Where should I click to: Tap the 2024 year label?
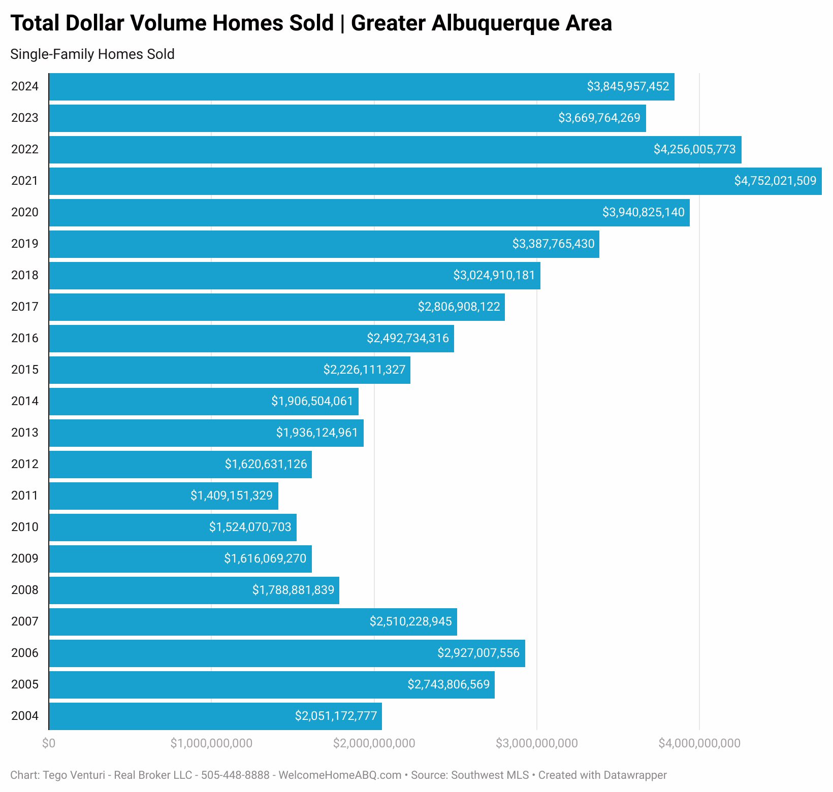[25, 86]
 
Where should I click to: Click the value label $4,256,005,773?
[694, 150]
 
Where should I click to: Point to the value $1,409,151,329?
[232, 496]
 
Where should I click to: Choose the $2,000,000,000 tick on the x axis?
[374, 743]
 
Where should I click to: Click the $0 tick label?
[49, 743]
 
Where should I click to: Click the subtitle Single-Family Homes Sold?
[92, 54]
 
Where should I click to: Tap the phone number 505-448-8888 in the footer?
[235, 775]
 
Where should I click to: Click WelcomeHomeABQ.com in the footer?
[340, 775]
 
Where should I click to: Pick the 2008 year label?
[25, 590]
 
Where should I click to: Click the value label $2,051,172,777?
[336, 716]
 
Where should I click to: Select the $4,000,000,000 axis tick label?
[699, 743]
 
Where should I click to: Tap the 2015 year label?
[25, 370]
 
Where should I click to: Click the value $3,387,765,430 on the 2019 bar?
[553, 244]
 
